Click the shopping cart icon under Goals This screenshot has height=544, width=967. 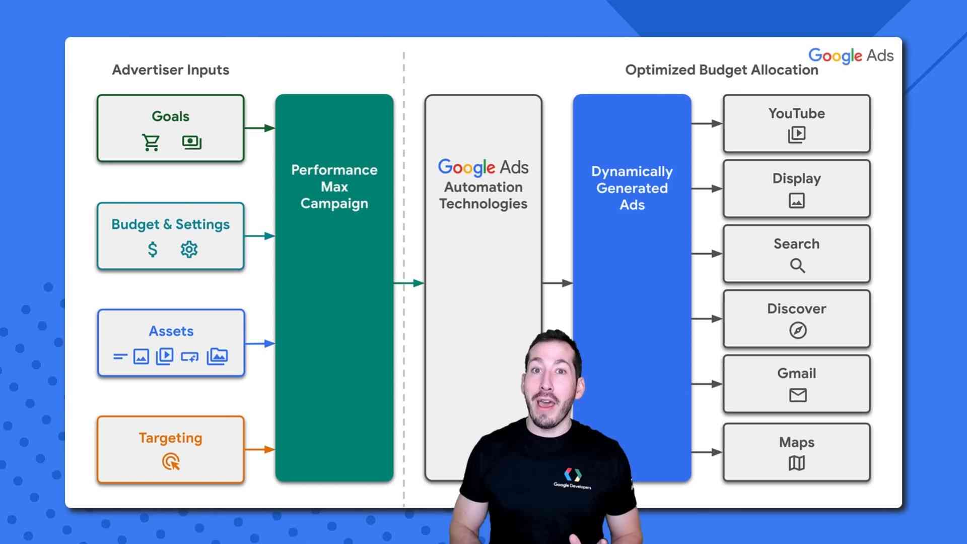tap(151, 143)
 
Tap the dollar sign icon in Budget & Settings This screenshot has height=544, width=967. tap(153, 249)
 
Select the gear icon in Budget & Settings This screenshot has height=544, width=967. tap(189, 249)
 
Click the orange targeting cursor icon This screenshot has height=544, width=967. tap(171, 461)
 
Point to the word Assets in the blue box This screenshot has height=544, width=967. tap(171, 331)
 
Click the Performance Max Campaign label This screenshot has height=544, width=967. tap(334, 187)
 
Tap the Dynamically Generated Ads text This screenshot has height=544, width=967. tap(632, 188)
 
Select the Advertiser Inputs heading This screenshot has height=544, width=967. tap(170, 70)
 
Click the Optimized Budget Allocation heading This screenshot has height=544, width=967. tap(721, 70)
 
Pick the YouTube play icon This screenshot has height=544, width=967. tap(796, 134)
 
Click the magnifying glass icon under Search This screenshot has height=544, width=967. tap(797, 265)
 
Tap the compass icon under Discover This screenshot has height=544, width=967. tap(797, 330)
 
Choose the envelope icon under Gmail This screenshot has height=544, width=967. tap(797, 395)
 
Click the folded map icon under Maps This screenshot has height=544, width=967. tap(796, 463)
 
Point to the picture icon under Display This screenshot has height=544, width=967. tap(796, 200)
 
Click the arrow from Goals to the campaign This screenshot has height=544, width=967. tap(259, 128)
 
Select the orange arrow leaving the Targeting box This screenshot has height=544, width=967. tap(259, 449)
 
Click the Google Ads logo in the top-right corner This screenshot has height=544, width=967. tap(851, 55)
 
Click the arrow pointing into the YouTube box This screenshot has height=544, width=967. tap(707, 124)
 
